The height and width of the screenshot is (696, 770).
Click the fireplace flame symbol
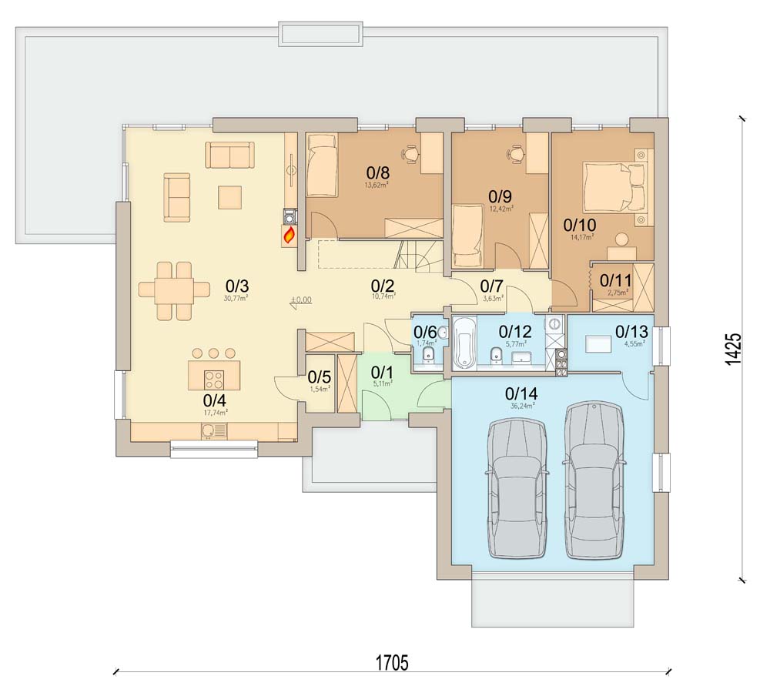pyautogui.click(x=290, y=235)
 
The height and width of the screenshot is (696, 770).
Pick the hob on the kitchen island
pyautogui.click(x=213, y=378)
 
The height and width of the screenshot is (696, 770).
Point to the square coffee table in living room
pyautogui.click(x=230, y=197)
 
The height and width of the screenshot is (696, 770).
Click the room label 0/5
pyautogui.click(x=319, y=377)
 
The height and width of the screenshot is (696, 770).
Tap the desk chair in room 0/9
pyautogui.click(x=515, y=153)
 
